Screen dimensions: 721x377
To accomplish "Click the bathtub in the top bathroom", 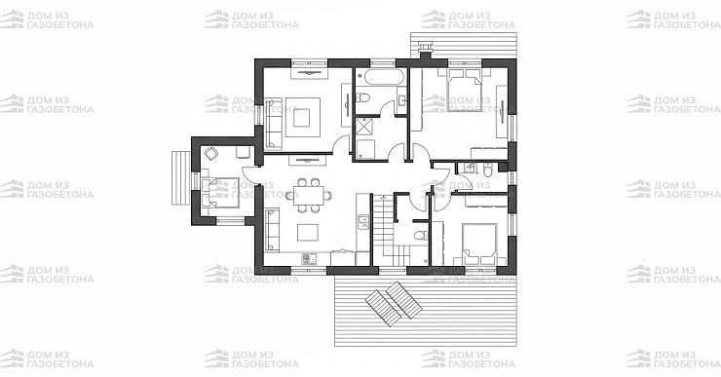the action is pyautogui.click(x=380, y=77).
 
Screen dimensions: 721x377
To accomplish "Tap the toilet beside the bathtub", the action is pyautogui.click(x=362, y=98).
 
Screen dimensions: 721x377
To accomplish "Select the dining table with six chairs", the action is pyautogui.click(x=308, y=195).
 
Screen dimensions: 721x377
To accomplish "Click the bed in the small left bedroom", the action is pyautogui.click(x=220, y=192).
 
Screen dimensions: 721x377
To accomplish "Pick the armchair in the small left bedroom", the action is pyautogui.click(x=211, y=154).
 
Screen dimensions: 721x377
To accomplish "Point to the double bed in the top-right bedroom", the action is pyautogui.click(x=465, y=91).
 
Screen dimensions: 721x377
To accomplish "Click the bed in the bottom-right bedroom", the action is pyautogui.click(x=479, y=245).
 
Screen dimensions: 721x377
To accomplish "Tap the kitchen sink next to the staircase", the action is pyautogui.click(x=362, y=222).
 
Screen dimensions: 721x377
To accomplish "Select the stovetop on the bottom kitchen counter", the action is pyautogui.click(x=309, y=259).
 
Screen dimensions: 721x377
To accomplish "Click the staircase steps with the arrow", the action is pyautogui.click(x=383, y=230).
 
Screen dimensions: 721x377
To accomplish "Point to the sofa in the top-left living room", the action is pyautogui.click(x=273, y=123).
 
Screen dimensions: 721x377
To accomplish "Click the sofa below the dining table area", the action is pyautogui.click(x=272, y=229).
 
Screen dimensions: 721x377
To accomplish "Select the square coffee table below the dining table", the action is pyautogui.click(x=308, y=232).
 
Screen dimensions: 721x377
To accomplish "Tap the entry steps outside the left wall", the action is pyautogui.click(x=181, y=178).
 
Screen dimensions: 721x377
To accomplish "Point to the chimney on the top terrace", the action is pyautogui.click(x=426, y=50).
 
